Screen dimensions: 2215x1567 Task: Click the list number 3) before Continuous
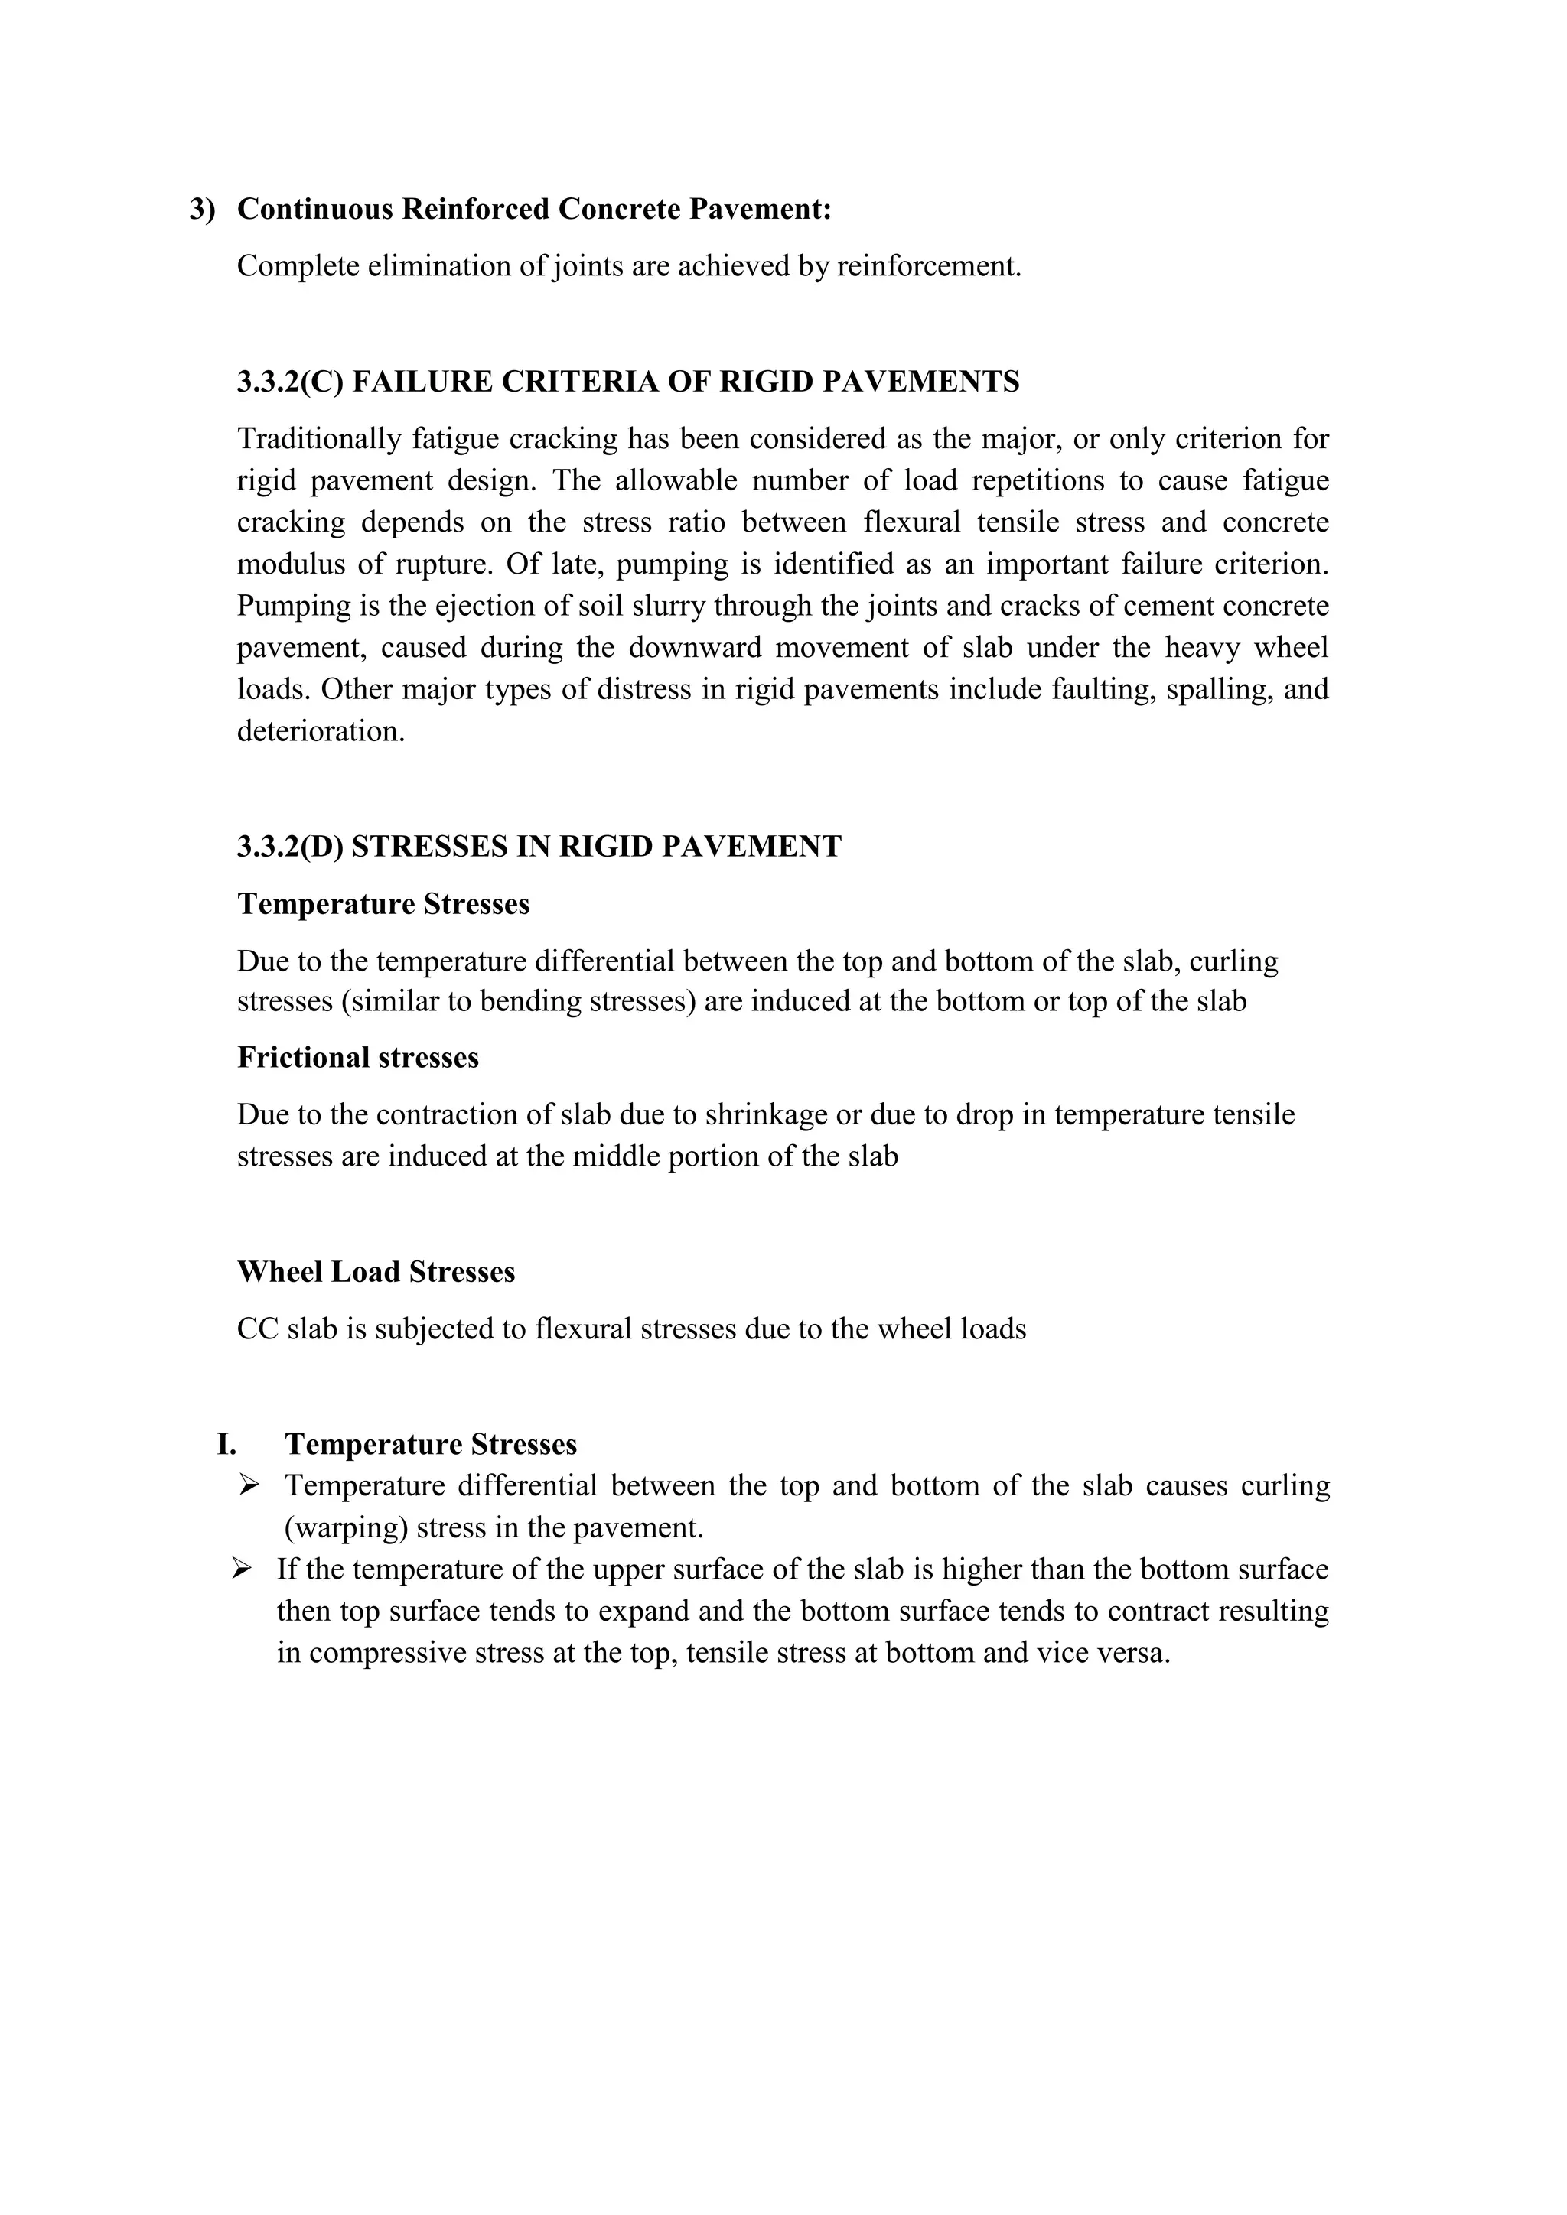(203, 210)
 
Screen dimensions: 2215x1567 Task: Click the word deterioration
(319, 731)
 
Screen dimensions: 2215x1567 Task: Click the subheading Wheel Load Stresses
(376, 1273)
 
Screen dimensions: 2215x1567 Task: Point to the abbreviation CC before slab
(256, 1329)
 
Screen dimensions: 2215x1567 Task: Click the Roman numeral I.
(226, 1445)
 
